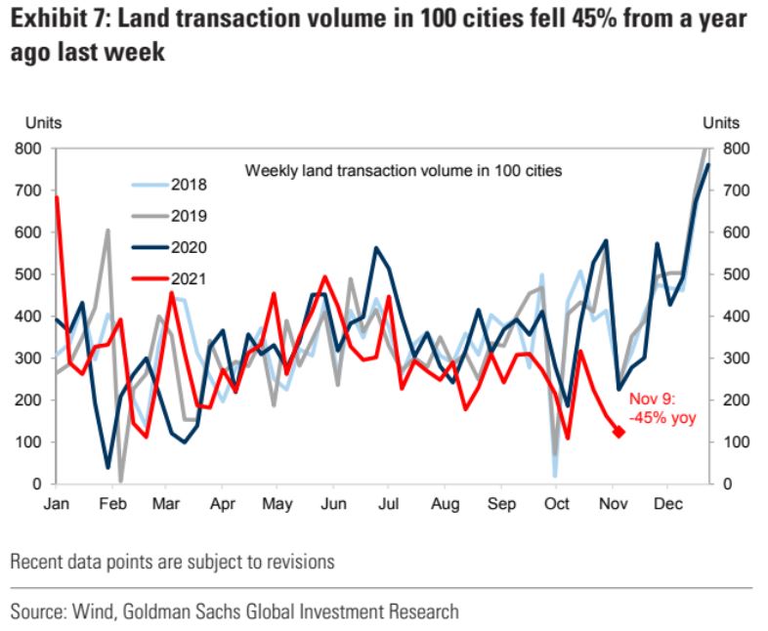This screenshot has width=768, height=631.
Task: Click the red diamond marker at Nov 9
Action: coord(619,432)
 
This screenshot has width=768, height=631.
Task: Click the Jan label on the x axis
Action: coord(56,506)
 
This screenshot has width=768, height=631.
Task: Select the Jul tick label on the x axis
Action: coord(388,506)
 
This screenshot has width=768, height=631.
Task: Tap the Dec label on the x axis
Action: coord(667,506)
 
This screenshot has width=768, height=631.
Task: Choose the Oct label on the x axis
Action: coord(556,506)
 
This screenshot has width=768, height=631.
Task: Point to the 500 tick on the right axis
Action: coord(735,275)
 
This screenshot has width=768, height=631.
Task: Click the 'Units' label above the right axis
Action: coord(722,124)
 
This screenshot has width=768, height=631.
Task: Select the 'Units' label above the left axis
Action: coord(44,124)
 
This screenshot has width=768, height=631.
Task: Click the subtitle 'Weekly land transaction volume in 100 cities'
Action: coord(404,171)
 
